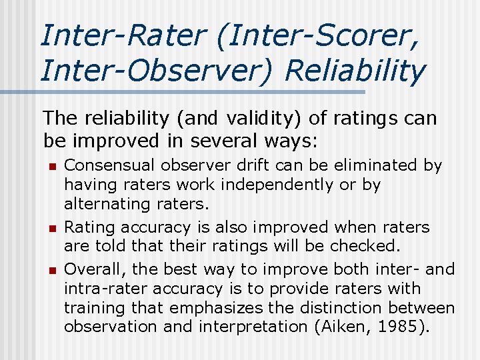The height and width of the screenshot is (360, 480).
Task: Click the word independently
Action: [275, 184]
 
